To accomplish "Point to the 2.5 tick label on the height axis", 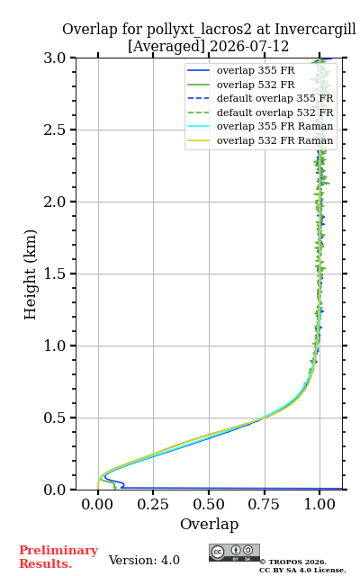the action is coord(55,130).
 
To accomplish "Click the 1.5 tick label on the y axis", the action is coord(55,274).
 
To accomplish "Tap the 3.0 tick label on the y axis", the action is coord(55,58).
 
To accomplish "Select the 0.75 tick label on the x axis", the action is coord(264,504).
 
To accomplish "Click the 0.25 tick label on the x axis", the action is coord(153,504).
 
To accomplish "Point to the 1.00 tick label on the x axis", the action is coord(319,504).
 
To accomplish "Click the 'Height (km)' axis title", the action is coord(30,274).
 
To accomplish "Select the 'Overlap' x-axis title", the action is coord(210,524).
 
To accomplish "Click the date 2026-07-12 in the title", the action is coord(249,47).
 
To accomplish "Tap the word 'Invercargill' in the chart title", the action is coord(316,30).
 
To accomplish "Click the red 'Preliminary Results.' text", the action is coord(58,557).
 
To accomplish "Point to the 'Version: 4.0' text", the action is coord(144,560).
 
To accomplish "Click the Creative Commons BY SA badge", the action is coord(234,553).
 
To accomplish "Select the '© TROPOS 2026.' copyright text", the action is coord(293,562).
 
